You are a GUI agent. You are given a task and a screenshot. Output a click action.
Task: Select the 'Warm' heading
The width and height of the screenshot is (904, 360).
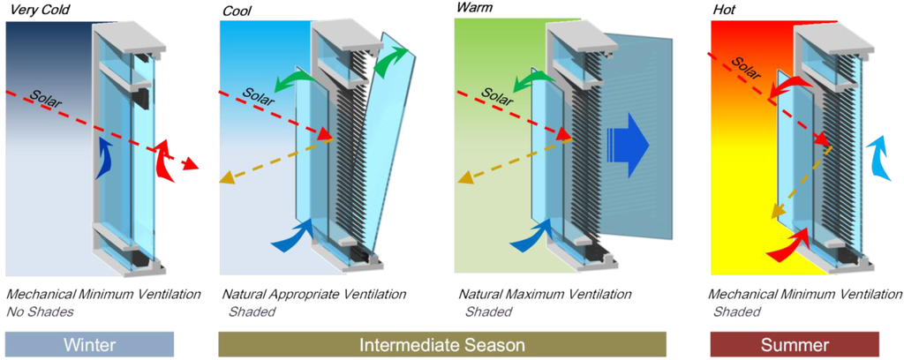point(475,8)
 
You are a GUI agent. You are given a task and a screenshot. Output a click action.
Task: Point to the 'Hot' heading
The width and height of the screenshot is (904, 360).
point(723,10)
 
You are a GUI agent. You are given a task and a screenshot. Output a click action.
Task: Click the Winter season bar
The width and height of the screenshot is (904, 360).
point(88,343)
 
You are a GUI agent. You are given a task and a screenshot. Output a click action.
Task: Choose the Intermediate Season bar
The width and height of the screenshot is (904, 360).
point(441,343)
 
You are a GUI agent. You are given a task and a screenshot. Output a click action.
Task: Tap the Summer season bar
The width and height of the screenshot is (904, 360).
point(795,343)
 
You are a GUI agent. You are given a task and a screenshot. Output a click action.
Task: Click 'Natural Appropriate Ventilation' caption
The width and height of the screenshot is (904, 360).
point(313,293)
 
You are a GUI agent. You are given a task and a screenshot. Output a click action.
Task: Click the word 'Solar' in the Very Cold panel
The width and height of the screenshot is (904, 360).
point(45,95)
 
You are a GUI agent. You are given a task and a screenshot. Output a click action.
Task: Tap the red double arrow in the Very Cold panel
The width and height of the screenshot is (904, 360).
point(165,159)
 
